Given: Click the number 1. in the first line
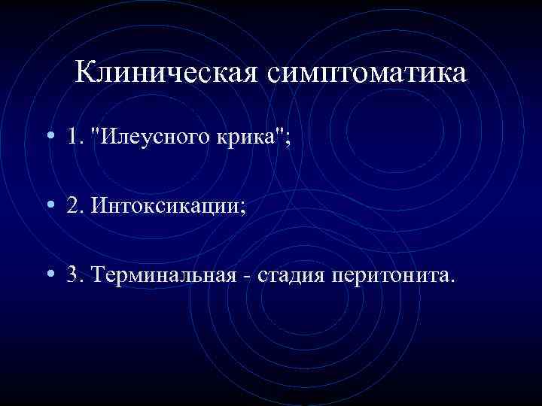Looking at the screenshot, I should tap(74, 138).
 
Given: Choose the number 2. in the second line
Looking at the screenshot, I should tap(74, 206).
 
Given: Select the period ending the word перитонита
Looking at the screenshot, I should tap(452, 281).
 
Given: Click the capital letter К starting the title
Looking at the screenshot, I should tap(86, 73).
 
